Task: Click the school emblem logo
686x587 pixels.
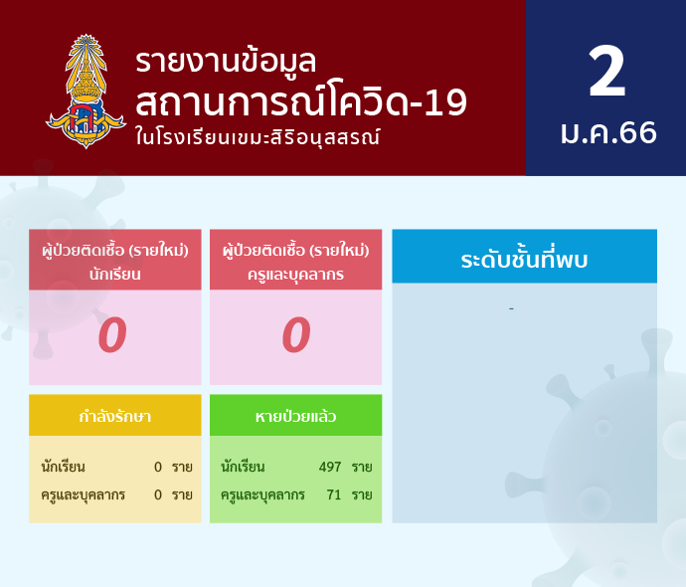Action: [x=86, y=92]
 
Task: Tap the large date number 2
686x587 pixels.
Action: [x=606, y=72]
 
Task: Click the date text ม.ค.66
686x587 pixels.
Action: [x=608, y=132]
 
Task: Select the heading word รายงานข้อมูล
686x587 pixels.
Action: [x=226, y=62]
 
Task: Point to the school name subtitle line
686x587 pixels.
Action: [x=257, y=137]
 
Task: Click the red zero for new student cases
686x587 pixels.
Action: [x=112, y=335]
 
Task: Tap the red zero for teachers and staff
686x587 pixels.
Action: [x=296, y=335]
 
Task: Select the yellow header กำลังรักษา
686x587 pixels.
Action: [x=115, y=416]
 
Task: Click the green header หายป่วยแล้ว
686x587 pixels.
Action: [x=295, y=416]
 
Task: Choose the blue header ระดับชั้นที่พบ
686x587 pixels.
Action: [x=524, y=259]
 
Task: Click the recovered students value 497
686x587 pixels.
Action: [x=330, y=467]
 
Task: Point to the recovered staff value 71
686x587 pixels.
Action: [x=334, y=494]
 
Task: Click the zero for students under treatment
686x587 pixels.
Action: [x=158, y=467]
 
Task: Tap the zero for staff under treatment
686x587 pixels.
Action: [x=158, y=494]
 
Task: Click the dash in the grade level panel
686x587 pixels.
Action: [x=511, y=309]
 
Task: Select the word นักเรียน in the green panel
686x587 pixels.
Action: [x=243, y=467]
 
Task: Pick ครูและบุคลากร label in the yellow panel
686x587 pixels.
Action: [x=84, y=495]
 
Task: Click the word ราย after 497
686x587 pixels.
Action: [x=362, y=467]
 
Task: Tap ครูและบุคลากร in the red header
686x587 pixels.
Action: [x=295, y=275]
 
